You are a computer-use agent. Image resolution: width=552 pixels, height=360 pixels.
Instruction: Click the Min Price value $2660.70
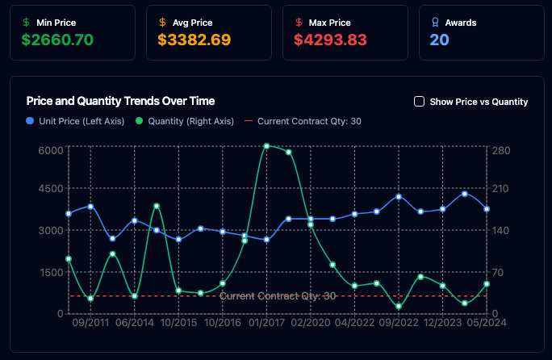click(57, 39)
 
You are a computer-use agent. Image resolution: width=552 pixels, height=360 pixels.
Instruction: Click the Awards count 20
click(440, 39)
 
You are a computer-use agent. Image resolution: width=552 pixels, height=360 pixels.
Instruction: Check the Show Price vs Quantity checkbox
click(419, 102)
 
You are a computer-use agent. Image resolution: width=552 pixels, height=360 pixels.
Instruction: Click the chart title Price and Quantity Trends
click(120, 101)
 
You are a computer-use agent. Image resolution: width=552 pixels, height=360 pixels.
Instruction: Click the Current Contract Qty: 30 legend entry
click(303, 121)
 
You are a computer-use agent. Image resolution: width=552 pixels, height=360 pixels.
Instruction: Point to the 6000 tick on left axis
click(50, 150)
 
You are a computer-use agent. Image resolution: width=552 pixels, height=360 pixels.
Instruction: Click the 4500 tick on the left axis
click(50, 189)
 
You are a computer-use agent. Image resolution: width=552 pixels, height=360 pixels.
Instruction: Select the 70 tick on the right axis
click(496, 272)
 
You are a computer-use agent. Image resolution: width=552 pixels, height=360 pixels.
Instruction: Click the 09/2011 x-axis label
click(90, 322)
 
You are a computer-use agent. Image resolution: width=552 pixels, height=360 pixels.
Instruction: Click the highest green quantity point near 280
click(266, 146)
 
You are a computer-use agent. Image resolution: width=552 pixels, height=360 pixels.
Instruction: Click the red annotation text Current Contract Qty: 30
click(277, 296)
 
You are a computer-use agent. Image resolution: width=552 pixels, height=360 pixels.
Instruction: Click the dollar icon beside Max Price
click(300, 23)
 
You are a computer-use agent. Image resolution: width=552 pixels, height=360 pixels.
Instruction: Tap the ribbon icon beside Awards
click(437, 23)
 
